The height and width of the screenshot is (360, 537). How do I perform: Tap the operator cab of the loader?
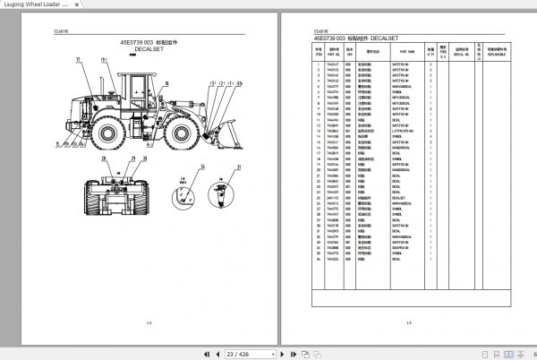pos(134,90)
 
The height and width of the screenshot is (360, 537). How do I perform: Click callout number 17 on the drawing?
pos(78,59)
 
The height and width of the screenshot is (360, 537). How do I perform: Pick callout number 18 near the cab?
pos(104,59)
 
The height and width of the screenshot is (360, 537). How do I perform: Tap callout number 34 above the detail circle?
pos(202,167)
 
